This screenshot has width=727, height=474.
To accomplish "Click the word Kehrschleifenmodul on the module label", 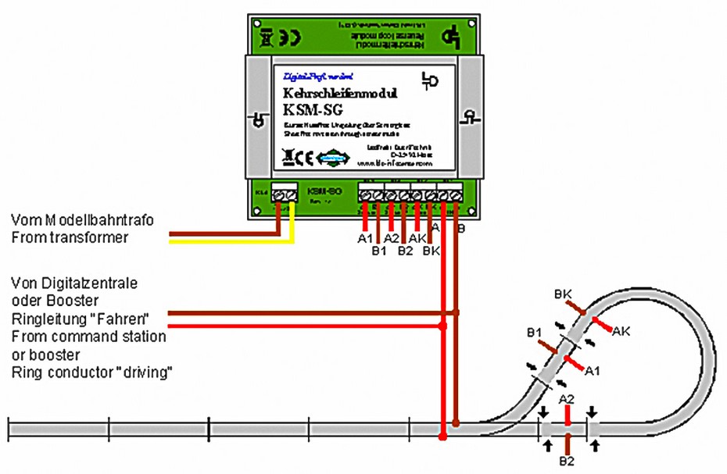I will pyautogui.click(x=340, y=94).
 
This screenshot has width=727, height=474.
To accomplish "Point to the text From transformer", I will pyautogui.click(x=70, y=238).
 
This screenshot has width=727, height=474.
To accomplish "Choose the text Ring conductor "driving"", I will pyautogui.click(x=91, y=372).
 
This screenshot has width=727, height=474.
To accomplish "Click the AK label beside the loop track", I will pyautogui.click(x=621, y=330).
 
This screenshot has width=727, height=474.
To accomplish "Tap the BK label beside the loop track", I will pyautogui.click(x=564, y=294).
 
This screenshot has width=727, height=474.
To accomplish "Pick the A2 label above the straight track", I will pyautogui.click(x=568, y=399).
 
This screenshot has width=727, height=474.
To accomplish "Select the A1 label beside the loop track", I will pyautogui.click(x=592, y=369).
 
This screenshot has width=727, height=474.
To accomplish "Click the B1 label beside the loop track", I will pyautogui.click(x=534, y=333).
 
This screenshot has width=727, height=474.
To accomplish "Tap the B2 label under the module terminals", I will pyautogui.click(x=404, y=251).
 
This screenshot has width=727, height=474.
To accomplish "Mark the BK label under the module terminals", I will pyautogui.click(x=431, y=251).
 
